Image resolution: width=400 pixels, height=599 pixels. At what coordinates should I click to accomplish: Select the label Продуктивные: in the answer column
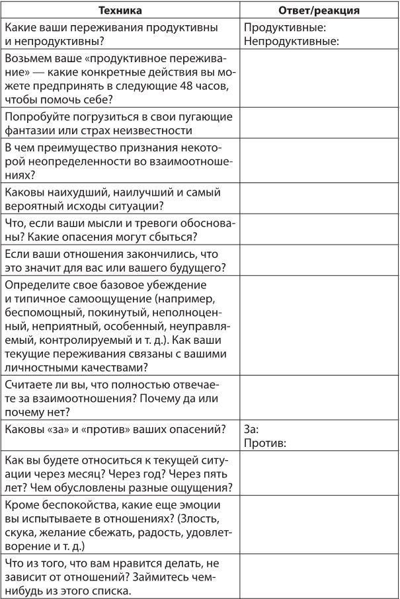click(285, 28)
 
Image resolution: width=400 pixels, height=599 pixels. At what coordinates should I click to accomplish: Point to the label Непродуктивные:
click(292, 41)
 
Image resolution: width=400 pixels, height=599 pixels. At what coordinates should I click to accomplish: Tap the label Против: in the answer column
click(265, 442)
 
